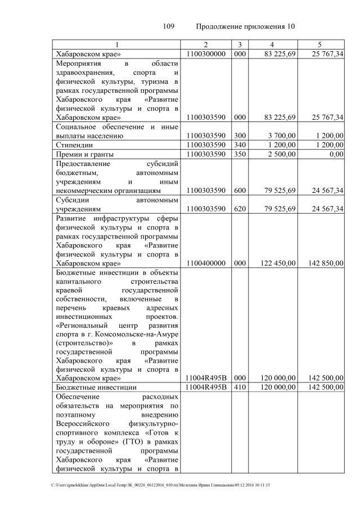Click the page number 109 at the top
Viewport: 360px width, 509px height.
pos(169,27)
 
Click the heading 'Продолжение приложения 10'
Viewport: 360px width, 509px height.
pos(245,27)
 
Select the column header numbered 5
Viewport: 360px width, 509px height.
pos(319,44)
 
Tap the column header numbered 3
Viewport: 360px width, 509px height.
pos(240,44)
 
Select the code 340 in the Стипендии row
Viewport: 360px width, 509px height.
pos(240,145)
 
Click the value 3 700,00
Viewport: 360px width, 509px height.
pos(280,136)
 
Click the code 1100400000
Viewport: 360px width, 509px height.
pos(206,263)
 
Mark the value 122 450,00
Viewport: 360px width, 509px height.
pos(276,263)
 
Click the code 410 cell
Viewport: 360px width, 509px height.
pos(240,388)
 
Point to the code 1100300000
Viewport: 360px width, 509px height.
pos(206,54)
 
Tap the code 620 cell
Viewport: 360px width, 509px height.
pos(240,210)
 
